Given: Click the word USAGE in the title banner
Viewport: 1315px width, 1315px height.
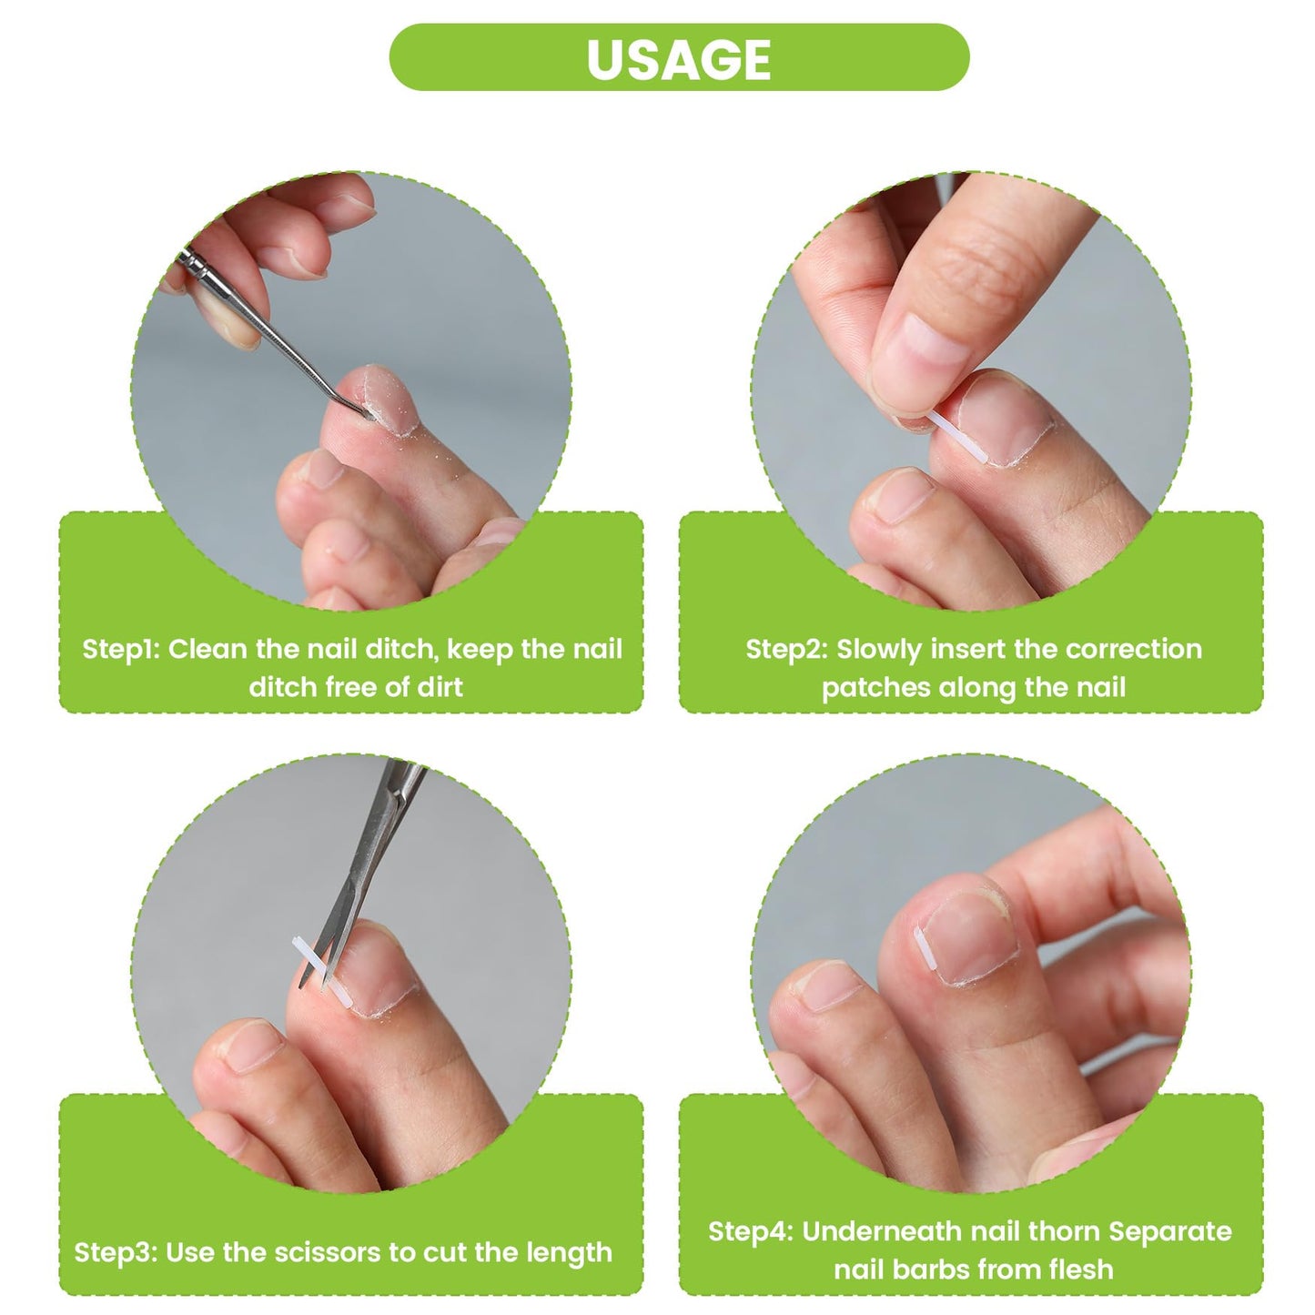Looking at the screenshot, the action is coord(678,59).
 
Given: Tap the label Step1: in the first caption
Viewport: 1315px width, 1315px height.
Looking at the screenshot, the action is coord(121,649).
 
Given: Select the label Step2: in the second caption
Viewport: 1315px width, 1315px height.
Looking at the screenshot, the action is coord(786,649).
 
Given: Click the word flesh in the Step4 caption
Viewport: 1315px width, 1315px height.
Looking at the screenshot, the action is coord(1077,1250).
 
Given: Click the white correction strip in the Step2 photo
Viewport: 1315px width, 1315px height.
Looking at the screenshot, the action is coord(956,438).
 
